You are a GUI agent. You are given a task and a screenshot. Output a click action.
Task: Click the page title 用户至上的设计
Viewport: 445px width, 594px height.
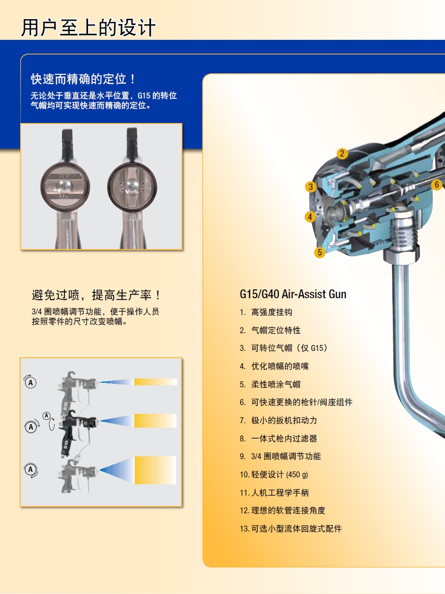click(x=88, y=28)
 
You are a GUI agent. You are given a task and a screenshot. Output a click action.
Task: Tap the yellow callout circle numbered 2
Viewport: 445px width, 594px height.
click(x=342, y=154)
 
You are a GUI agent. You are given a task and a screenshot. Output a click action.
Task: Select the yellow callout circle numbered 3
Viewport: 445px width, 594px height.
click(x=311, y=187)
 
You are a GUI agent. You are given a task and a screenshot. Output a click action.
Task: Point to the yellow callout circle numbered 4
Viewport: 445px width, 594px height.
click(x=310, y=217)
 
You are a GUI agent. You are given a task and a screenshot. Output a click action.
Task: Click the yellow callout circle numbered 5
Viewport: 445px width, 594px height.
click(x=320, y=252)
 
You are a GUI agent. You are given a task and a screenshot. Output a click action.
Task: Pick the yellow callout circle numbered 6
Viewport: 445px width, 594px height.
click(x=437, y=185)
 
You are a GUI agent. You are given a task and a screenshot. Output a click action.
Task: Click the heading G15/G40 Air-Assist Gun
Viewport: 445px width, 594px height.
click(x=293, y=294)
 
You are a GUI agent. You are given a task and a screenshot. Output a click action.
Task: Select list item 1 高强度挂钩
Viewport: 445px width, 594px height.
click(x=266, y=312)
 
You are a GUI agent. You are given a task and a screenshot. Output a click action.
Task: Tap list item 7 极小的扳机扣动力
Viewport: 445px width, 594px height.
click(x=278, y=420)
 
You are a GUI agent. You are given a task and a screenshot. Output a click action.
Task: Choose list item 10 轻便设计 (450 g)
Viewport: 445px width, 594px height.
click(x=274, y=474)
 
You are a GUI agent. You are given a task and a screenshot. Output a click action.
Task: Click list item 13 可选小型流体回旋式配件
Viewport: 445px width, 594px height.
click(x=291, y=529)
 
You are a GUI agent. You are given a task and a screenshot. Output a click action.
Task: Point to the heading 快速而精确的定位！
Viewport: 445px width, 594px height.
click(x=83, y=79)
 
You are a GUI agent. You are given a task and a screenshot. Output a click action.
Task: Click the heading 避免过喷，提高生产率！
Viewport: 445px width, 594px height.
click(x=96, y=295)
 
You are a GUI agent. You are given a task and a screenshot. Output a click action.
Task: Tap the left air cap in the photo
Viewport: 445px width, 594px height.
click(x=65, y=187)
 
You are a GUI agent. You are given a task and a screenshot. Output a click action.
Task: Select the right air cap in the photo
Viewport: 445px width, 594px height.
click(x=132, y=187)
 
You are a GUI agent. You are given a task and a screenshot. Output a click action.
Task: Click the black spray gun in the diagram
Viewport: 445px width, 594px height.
click(x=78, y=432)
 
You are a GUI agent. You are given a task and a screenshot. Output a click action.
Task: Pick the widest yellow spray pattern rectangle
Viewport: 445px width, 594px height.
click(x=155, y=470)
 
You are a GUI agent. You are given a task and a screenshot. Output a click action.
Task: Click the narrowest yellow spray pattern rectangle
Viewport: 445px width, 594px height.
click(x=156, y=381)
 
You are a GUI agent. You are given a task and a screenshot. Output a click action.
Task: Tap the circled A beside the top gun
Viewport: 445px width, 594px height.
click(x=30, y=382)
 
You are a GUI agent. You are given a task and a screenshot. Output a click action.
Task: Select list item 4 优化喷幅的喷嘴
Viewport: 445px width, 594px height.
click(x=274, y=366)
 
